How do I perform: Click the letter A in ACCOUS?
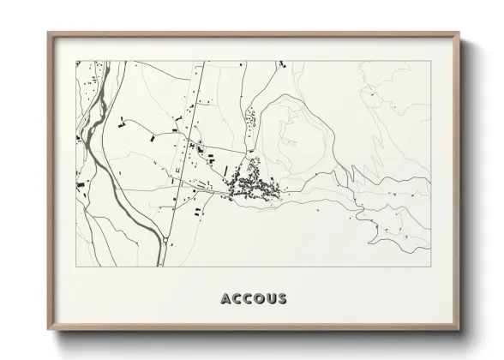click(225, 299)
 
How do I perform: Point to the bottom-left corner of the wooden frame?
click(49, 331)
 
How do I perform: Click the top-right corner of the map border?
click(429, 60)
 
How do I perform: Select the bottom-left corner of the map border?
click(75, 267)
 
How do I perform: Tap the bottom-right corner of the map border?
click(429, 267)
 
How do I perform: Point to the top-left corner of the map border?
click(75, 60)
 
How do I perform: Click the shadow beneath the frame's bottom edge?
click(257, 338)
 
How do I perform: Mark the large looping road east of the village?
click(309, 129)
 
